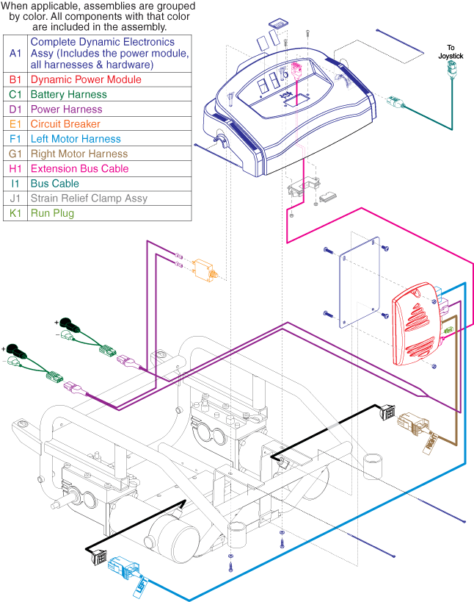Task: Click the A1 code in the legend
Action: pyautogui.click(x=15, y=54)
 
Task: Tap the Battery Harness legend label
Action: pyautogui.click(x=68, y=95)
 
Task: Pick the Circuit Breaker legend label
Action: pyautogui.click(x=65, y=124)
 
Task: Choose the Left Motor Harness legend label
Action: pyautogui.click(x=76, y=139)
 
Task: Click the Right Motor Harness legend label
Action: pyautogui.click(x=79, y=154)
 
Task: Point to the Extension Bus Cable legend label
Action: pyautogui.click(x=80, y=169)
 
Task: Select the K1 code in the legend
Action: pyautogui.click(x=15, y=213)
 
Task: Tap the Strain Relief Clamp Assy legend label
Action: pyautogui.click(x=89, y=198)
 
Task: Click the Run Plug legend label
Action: pyautogui.click(x=52, y=213)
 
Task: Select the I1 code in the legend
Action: pyautogui.click(x=15, y=184)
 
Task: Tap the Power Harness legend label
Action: pyautogui.click(x=65, y=110)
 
